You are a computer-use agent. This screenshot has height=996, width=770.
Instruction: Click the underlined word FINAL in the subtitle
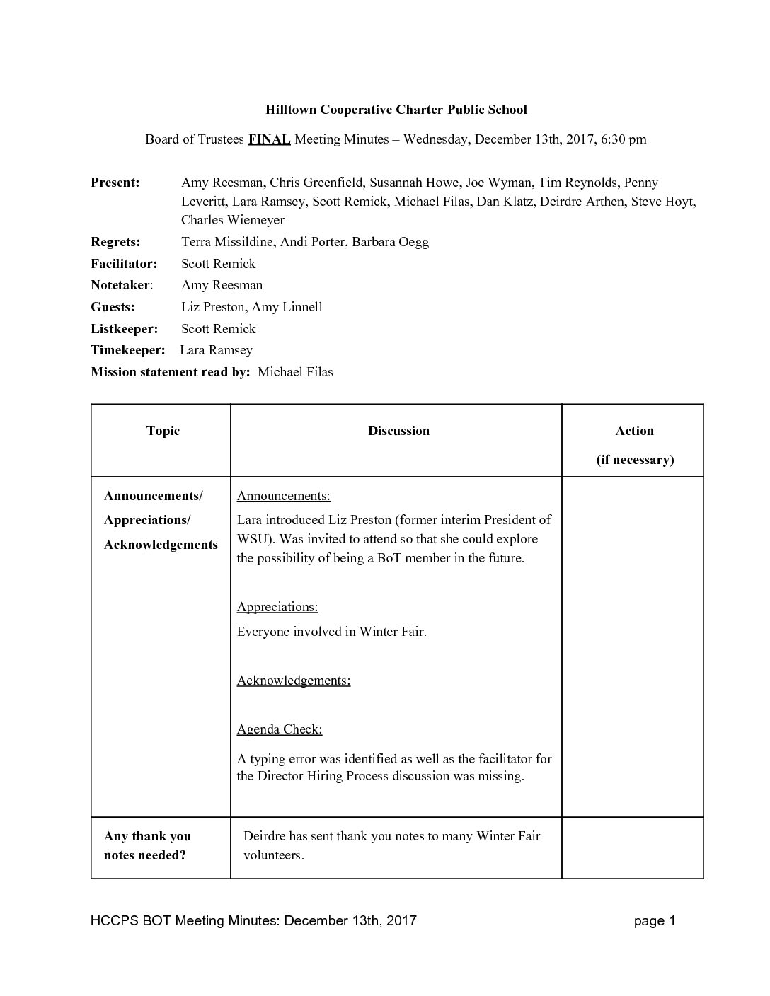point(269,139)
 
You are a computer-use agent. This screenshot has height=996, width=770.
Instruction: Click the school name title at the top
point(396,110)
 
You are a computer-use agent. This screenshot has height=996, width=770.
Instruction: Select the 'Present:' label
point(115,183)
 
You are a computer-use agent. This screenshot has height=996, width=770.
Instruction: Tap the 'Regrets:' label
point(115,242)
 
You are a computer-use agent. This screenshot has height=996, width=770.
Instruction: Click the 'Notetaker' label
point(120,285)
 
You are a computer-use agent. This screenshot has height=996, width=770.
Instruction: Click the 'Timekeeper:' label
point(127,350)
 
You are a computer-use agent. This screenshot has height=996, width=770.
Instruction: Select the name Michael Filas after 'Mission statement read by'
point(295,372)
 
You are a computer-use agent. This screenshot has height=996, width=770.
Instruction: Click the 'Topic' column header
point(163,431)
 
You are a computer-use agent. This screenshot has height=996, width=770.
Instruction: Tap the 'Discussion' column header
point(398,431)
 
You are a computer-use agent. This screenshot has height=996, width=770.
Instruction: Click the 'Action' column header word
point(634,431)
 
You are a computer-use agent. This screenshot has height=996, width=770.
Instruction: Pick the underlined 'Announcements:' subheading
point(283,496)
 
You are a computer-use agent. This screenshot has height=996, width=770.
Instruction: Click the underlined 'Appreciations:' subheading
point(277,607)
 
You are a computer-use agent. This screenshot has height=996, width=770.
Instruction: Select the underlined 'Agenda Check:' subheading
point(280,729)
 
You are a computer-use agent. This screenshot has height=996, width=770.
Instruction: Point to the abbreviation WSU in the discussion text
point(253,539)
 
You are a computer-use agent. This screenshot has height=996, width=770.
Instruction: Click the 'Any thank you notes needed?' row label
point(147,845)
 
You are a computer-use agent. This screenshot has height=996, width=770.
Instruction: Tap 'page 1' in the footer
point(655,920)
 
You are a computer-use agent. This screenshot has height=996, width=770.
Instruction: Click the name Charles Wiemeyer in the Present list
point(233,220)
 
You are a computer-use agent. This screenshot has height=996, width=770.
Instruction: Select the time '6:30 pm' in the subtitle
point(624,139)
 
